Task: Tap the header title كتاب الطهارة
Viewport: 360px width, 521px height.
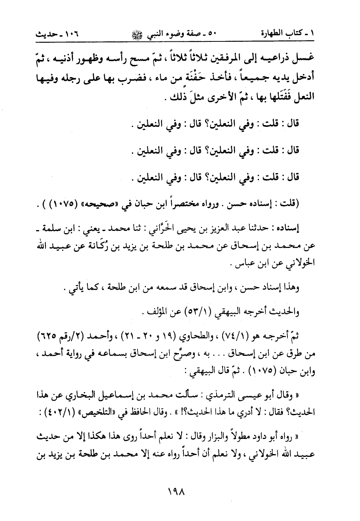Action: pos(285,33)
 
